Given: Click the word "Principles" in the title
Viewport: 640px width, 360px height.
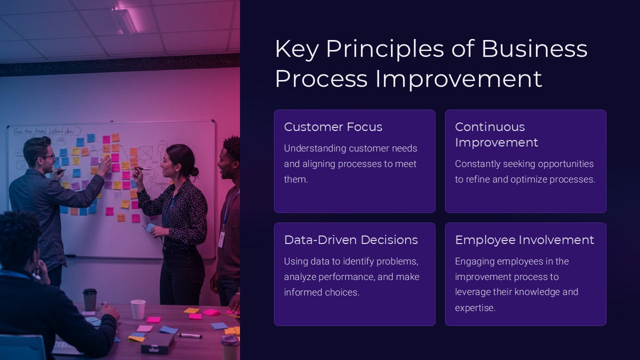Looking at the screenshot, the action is click(385, 49).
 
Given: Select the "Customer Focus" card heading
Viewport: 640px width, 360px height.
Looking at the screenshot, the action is click(333, 127).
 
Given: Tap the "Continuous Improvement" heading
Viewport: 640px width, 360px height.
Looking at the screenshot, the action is click(496, 135).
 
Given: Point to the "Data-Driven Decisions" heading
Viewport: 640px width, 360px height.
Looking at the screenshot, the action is click(351, 240).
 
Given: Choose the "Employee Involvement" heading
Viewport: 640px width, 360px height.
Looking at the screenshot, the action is click(524, 240).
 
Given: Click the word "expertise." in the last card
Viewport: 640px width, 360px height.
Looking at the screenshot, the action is click(475, 308).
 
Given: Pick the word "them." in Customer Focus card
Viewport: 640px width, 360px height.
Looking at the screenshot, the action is click(296, 179).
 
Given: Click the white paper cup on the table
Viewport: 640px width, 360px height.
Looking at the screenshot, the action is click(138, 309).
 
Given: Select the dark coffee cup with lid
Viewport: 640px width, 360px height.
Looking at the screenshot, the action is click(89, 299).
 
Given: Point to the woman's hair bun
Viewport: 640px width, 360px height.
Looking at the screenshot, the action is click(194, 171).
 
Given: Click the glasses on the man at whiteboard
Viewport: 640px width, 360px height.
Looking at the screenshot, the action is click(48, 156).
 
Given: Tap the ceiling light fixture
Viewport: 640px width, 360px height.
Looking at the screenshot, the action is click(124, 20).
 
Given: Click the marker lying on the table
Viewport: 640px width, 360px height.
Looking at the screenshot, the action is click(189, 335).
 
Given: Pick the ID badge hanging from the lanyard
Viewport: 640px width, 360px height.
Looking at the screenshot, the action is click(221, 239).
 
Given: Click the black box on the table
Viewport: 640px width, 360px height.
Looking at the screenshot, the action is click(157, 342).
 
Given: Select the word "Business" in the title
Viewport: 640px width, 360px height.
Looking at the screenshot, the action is click(534, 49).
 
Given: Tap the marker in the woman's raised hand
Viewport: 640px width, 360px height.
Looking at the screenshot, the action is click(142, 169).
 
